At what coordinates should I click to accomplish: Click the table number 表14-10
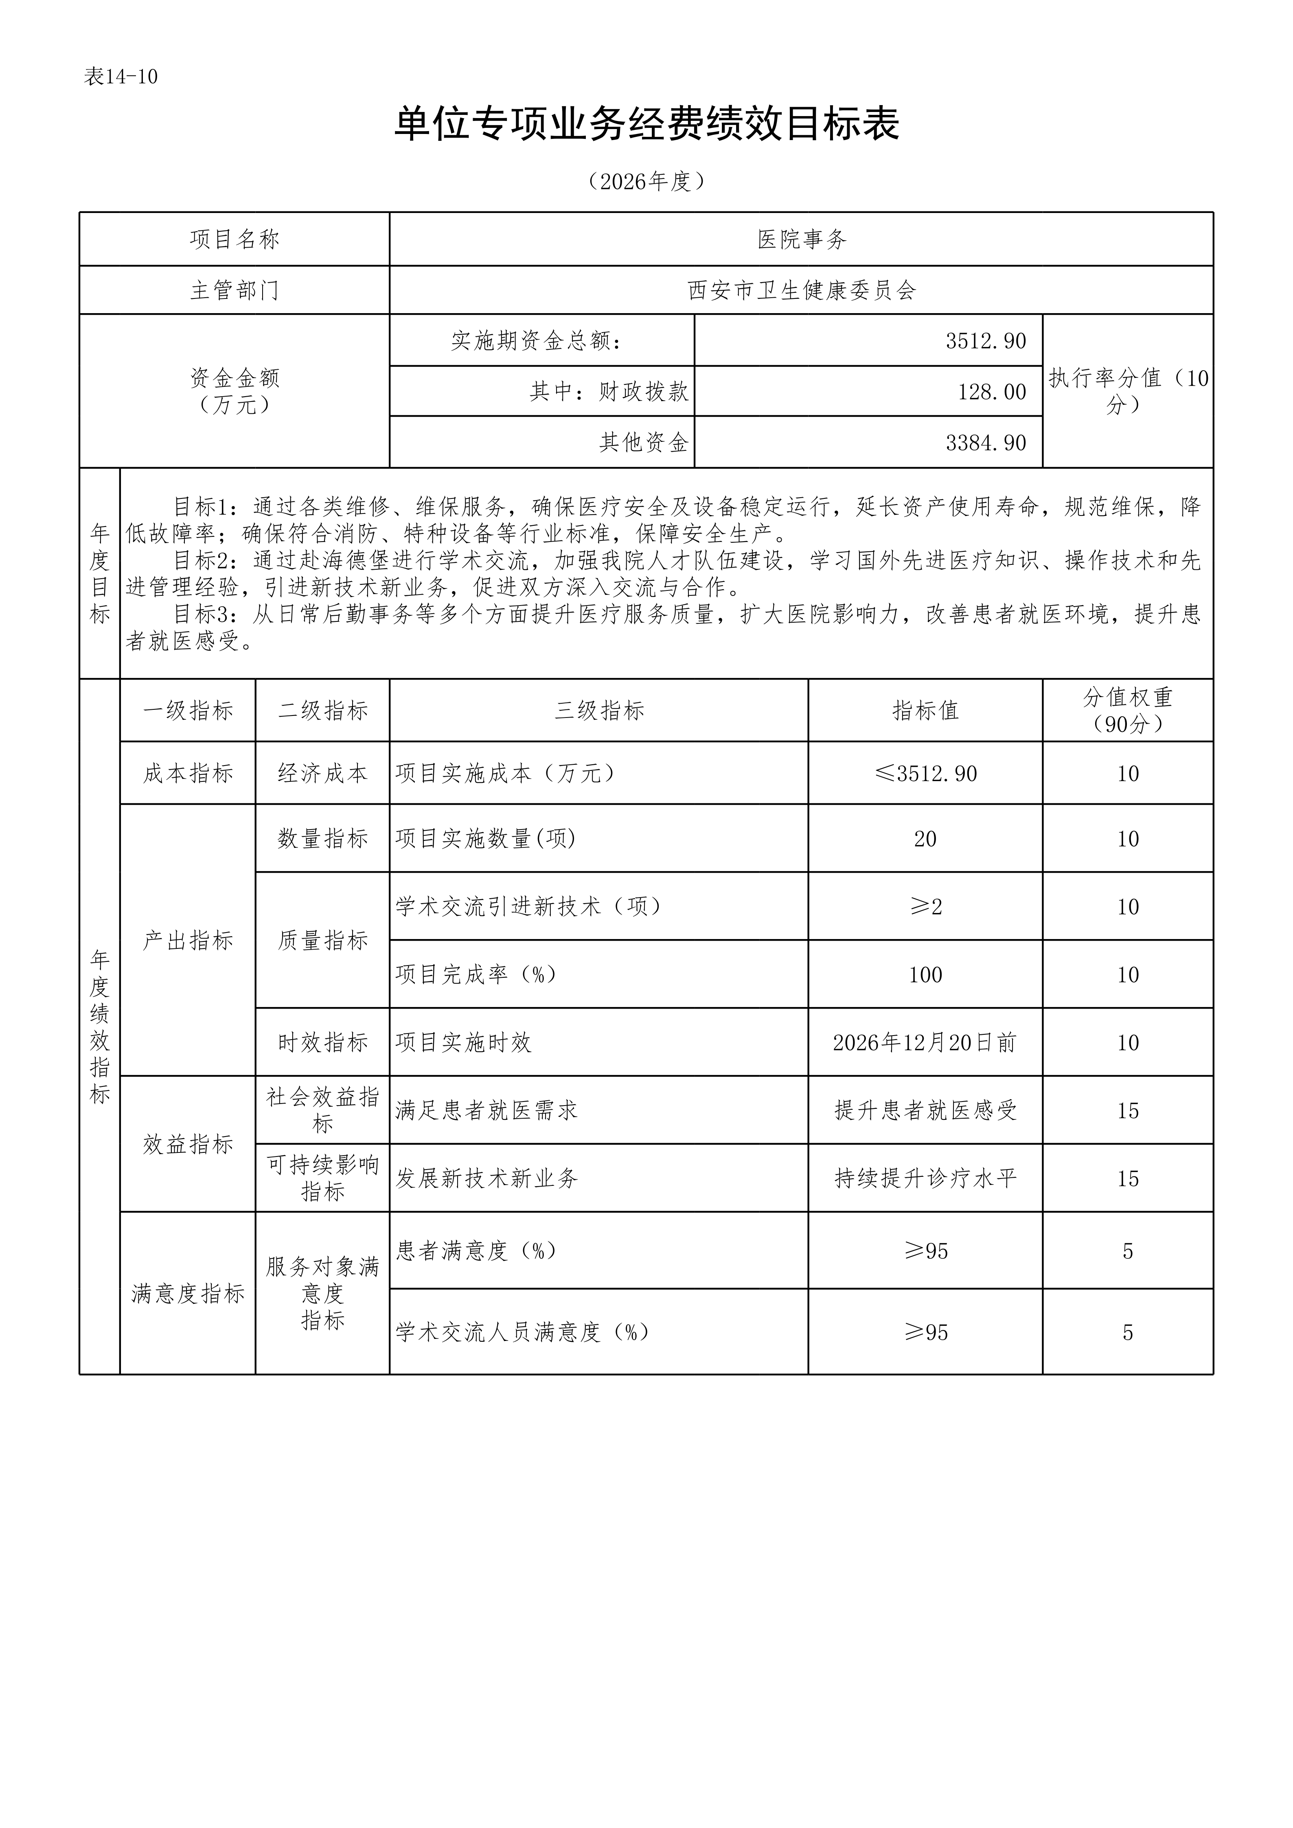point(121,77)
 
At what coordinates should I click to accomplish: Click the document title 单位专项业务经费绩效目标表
point(646,125)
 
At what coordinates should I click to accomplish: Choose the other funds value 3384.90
point(986,443)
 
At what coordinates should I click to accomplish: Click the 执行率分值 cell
point(1127,391)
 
